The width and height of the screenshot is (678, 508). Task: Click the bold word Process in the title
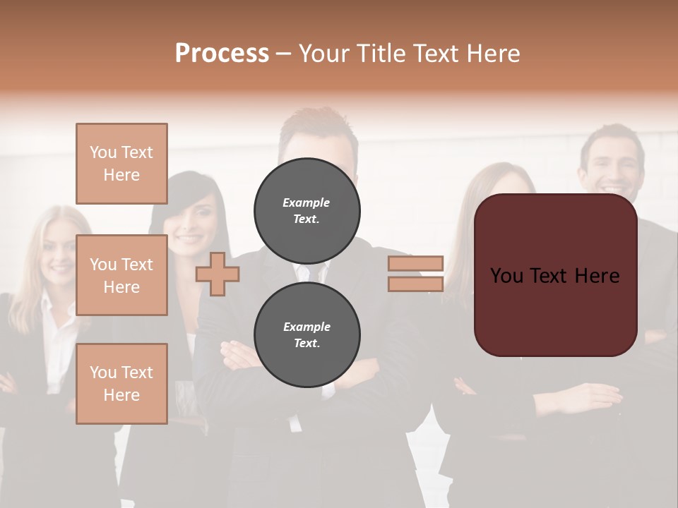click(222, 54)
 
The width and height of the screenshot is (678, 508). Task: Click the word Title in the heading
click(379, 54)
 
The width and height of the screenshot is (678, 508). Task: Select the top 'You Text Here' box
click(121, 164)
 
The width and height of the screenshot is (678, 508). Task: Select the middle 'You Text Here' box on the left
click(121, 275)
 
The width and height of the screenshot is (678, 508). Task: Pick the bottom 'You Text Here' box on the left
click(121, 384)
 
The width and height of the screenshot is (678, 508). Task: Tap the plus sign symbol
click(218, 274)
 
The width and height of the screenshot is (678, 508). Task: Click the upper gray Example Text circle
click(307, 211)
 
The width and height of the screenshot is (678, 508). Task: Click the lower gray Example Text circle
click(307, 335)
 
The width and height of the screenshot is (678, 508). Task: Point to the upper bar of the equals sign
click(415, 264)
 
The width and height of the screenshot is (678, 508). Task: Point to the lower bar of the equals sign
click(415, 284)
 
